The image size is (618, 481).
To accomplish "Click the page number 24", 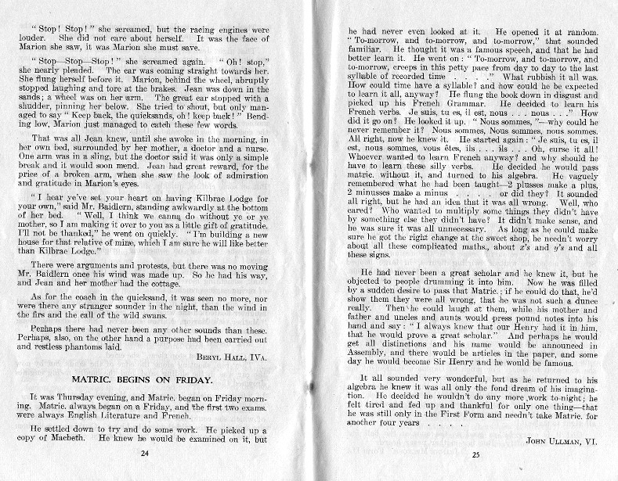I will point(144,452).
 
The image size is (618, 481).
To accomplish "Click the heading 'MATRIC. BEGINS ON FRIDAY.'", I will point(148,380).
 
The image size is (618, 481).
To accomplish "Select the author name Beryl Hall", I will point(231,355).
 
